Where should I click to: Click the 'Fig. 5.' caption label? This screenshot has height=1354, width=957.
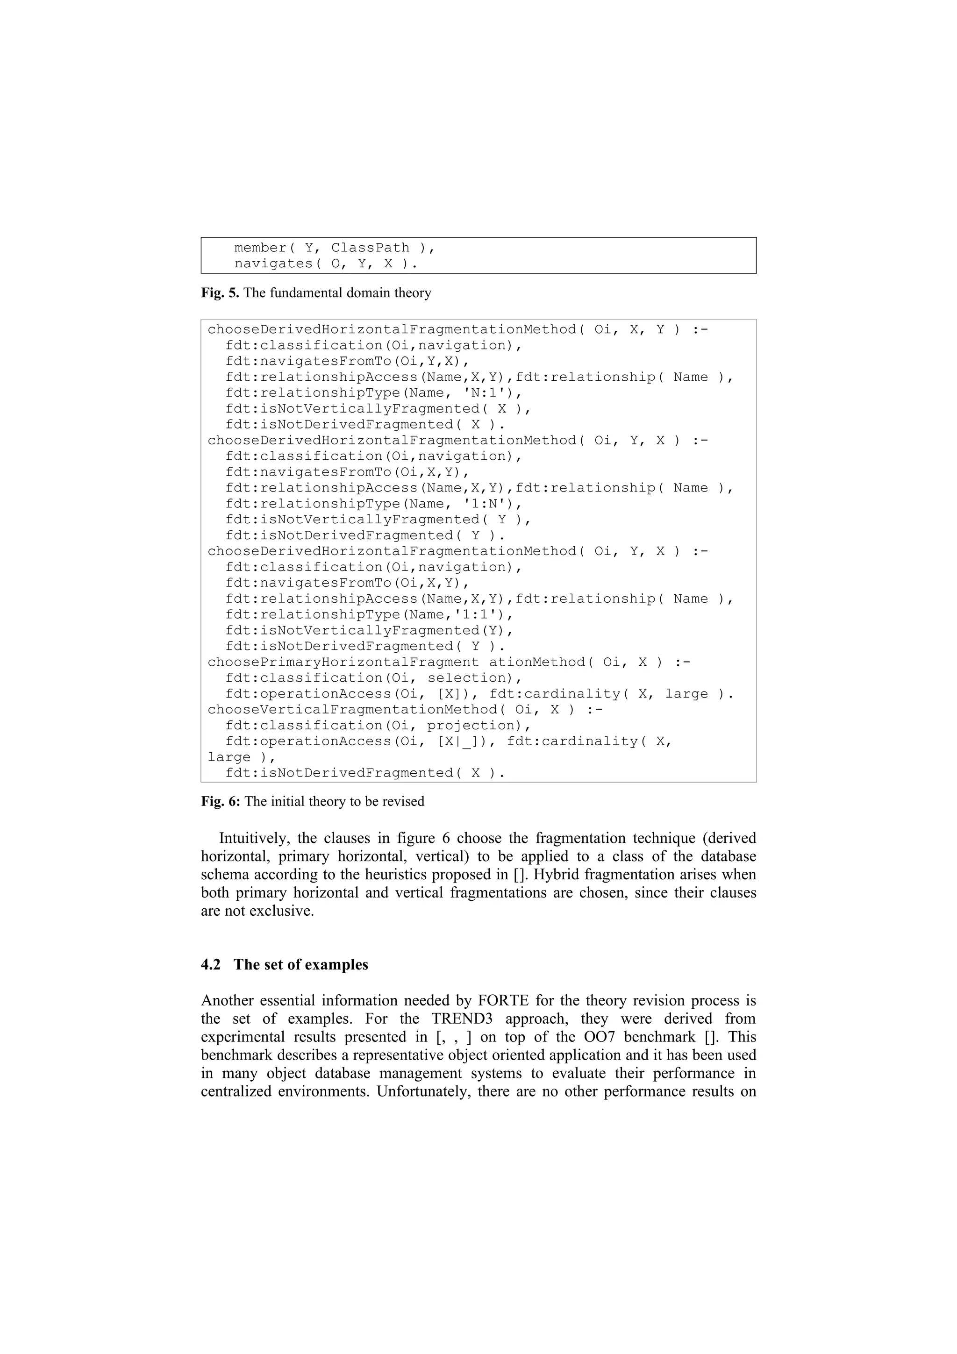coord(220,293)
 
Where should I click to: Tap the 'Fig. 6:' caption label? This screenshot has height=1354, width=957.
coord(221,801)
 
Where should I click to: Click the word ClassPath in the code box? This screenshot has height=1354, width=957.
coord(370,248)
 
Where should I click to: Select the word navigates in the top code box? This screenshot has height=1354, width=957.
coord(274,264)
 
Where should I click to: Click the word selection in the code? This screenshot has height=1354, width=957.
coord(466,678)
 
